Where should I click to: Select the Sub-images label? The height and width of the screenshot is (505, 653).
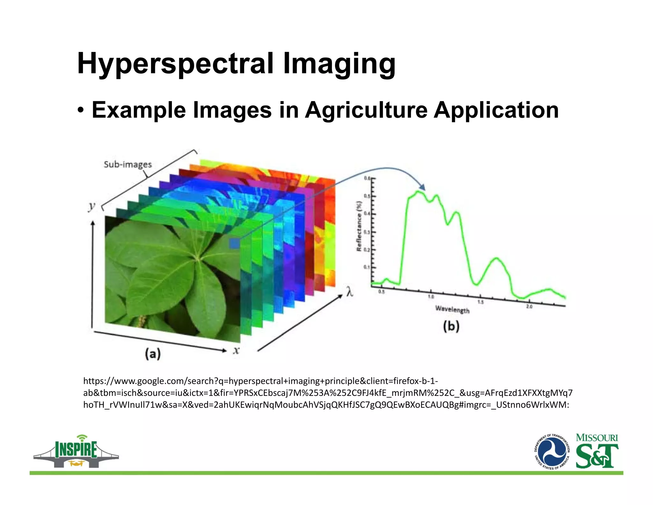point(128,164)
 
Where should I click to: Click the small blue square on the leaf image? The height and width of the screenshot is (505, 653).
point(234,244)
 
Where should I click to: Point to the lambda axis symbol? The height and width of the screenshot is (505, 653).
point(350,291)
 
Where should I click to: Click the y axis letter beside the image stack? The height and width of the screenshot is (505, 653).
point(92,207)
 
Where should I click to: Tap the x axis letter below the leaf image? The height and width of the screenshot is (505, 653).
point(236,350)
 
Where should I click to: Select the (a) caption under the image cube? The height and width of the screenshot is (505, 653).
point(153,354)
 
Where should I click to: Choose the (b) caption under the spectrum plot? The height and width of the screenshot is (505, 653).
point(451,326)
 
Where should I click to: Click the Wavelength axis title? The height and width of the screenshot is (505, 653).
point(452,309)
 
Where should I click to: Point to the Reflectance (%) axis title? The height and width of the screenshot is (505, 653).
point(359,226)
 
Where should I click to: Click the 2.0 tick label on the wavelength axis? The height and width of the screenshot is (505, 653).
point(529,306)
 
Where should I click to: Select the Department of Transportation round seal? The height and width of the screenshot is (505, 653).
point(552,452)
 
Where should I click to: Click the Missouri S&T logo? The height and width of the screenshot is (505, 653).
point(597,451)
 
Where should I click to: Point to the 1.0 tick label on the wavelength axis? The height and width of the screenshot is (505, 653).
point(431,297)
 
